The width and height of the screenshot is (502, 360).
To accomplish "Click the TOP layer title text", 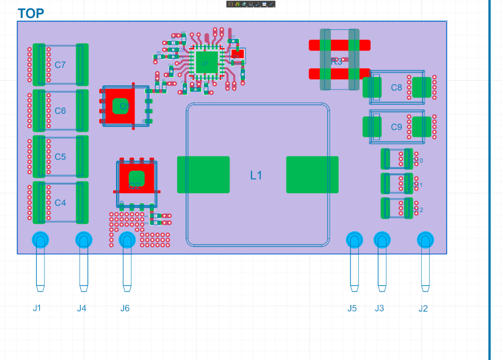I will click(x=31, y=14).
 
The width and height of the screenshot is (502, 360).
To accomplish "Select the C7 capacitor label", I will click(x=60, y=65).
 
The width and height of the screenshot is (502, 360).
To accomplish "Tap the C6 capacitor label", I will click(x=60, y=111).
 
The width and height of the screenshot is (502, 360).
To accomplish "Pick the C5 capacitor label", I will click(x=60, y=157).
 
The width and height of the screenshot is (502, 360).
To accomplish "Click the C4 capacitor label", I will click(x=60, y=203).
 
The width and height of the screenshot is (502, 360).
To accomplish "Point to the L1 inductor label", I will click(x=256, y=176).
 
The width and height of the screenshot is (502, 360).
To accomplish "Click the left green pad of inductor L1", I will click(x=203, y=175).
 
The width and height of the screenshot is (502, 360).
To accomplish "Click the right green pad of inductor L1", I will click(x=312, y=175).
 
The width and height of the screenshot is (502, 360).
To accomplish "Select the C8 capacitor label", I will click(x=397, y=87).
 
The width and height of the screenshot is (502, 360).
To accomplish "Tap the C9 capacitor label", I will click(x=397, y=127).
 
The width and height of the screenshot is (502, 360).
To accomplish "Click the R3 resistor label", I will click(x=337, y=61).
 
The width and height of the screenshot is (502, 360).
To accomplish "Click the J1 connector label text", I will click(x=37, y=308).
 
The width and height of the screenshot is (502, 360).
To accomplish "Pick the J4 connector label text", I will click(x=82, y=308).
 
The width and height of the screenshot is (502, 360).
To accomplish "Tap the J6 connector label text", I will click(x=125, y=308).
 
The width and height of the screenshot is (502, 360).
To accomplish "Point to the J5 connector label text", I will click(x=352, y=308).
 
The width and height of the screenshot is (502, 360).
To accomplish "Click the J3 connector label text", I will click(x=379, y=308).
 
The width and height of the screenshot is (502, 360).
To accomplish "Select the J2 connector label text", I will click(x=423, y=308).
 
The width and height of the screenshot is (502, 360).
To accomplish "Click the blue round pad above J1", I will click(x=40, y=240).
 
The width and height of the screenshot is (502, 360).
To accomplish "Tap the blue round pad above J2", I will click(x=426, y=240).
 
